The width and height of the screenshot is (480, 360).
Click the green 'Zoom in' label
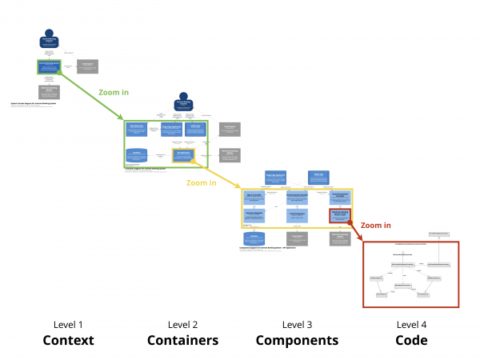[113, 92]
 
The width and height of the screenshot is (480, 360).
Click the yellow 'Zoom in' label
[202, 183]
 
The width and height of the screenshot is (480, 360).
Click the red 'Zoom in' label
[376, 226]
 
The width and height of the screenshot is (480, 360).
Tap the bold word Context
[68, 340]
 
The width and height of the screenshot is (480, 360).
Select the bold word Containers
[183, 340]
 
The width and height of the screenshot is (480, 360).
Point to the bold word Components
[297, 340]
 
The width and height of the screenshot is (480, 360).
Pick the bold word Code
[411, 340]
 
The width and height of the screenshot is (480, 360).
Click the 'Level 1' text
[68, 324]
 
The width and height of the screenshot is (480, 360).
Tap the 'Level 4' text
[411, 324]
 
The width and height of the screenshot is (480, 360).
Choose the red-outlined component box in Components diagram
[340, 215]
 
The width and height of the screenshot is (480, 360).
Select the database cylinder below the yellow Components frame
[254, 238]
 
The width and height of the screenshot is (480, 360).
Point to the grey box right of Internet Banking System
[87, 66]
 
